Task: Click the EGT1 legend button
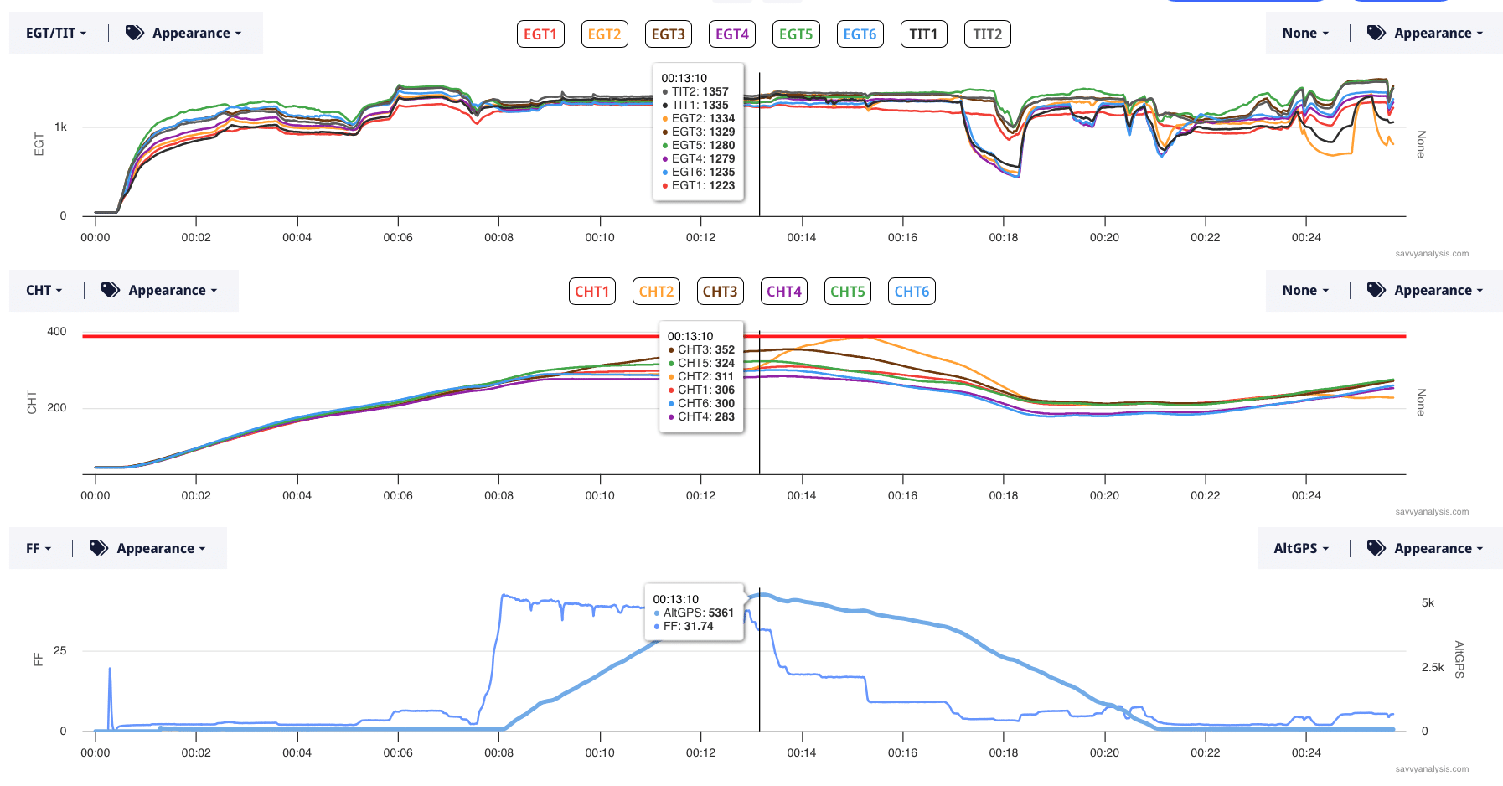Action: click(x=540, y=34)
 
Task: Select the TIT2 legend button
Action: click(x=987, y=34)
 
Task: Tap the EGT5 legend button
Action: click(x=795, y=34)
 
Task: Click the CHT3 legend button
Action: click(x=720, y=292)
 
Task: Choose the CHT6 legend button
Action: click(x=911, y=292)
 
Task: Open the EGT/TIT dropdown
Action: click(x=56, y=34)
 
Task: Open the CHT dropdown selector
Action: click(x=44, y=291)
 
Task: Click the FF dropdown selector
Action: click(x=39, y=548)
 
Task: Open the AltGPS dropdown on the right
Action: click(x=1301, y=548)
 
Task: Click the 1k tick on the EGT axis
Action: click(x=60, y=127)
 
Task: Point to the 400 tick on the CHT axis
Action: click(x=57, y=332)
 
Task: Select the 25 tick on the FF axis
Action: click(x=59, y=650)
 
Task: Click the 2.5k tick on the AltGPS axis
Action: click(x=1433, y=667)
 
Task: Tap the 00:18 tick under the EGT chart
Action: click(x=1003, y=237)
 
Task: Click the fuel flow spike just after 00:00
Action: click(x=110, y=670)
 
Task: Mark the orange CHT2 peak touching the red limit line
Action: click(x=863, y=337)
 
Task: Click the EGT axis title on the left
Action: click(x=39, y=143)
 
